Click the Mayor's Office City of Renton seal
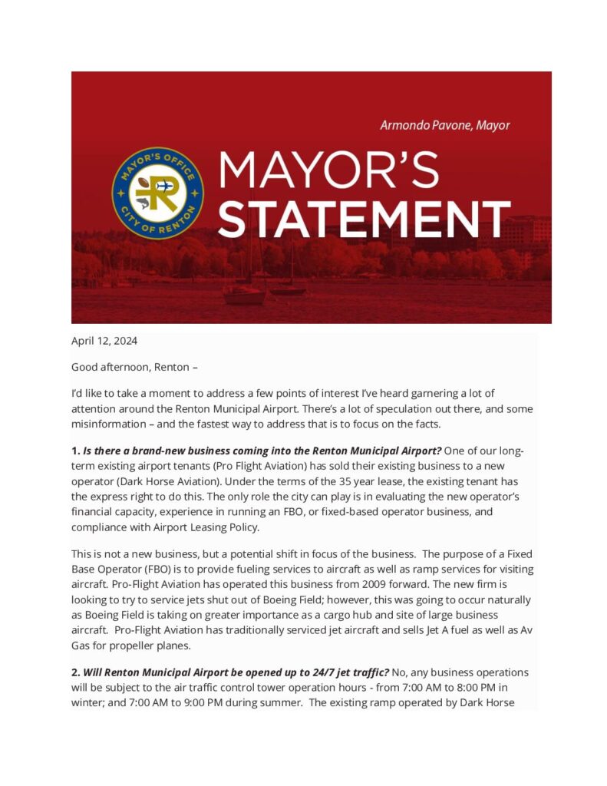coord(157,193)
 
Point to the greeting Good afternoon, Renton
coord(135,367)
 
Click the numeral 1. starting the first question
coord(76,451)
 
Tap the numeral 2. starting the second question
coord(76,672)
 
